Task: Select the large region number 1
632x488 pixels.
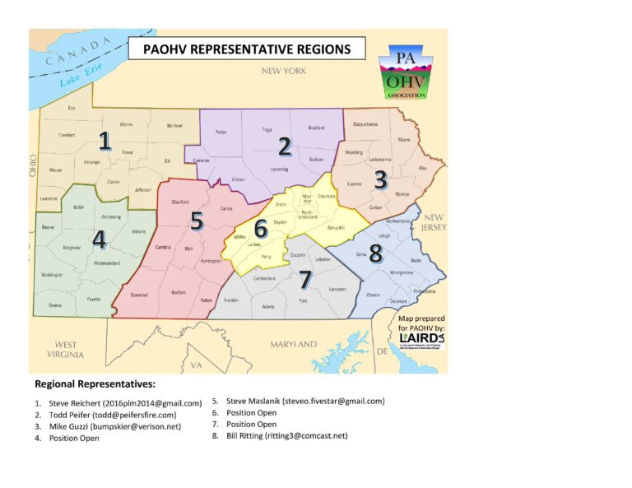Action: click(105, 141)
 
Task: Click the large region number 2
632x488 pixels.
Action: click(285, 146)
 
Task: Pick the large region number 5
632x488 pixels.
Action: click(196, 221)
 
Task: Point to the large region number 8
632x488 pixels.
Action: click(375, 254)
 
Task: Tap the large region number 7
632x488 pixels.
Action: click(305, 280)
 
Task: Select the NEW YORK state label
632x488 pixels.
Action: click(284, 72)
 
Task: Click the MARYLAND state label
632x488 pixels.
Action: click(294, 343)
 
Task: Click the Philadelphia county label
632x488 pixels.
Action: click(425, 291)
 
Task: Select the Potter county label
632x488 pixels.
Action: click(220, 132)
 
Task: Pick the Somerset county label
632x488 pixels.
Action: click(138, 295)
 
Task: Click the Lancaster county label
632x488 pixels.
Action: click(337, 289)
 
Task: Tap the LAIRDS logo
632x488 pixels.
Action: click(421, 338)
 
